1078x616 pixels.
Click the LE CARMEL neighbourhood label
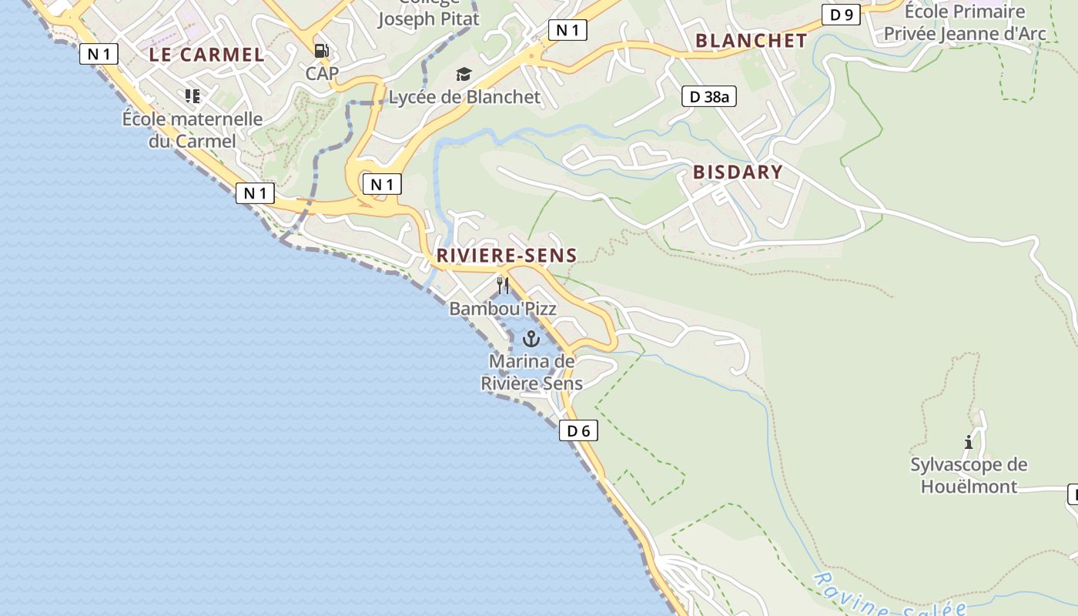tap(206, 55)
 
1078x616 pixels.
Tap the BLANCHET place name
tap(751, 41)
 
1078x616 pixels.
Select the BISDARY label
tap(738, 172)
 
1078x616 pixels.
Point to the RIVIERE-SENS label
tap(507, 256)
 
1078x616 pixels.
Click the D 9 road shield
tap(841, 15)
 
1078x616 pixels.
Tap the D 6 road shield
tap(578, 431)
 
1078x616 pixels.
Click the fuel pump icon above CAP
tap(322, 51)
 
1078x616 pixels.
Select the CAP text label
tap(322, 74)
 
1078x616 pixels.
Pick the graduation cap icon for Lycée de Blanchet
tap(464, 75)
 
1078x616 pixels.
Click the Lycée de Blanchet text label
tap(464, 97)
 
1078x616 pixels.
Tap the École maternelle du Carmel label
tap(192, 130)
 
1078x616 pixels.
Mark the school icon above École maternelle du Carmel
tap(192, 96)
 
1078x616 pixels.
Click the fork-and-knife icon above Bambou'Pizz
tap(503, 286)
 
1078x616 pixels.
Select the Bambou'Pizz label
tap(503, 309)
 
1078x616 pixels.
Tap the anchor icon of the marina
tap(531, 339)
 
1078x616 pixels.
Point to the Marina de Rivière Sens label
tap(531, 372)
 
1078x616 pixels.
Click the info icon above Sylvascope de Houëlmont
tap(969, 442)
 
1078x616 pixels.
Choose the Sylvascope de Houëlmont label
tap(969, 475)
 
